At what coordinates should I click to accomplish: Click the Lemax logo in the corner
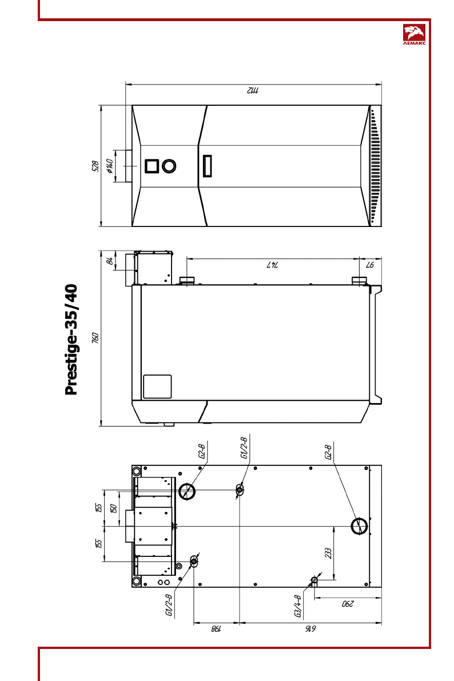tap(415, 35)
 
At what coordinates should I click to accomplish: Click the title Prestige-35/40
tap(71, 340)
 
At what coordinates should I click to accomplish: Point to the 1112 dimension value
tap(253, 90)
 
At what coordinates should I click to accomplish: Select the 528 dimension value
tap(95, 166)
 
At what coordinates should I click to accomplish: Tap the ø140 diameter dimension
tap(109, 166)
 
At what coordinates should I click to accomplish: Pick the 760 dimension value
tap(95, 338)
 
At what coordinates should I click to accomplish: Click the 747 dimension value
tap(272, 265)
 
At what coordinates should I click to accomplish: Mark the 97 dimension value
tap(370, 265)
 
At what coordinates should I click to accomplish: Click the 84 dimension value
tap(110, 261)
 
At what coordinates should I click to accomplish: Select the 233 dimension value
tap(328, 553)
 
